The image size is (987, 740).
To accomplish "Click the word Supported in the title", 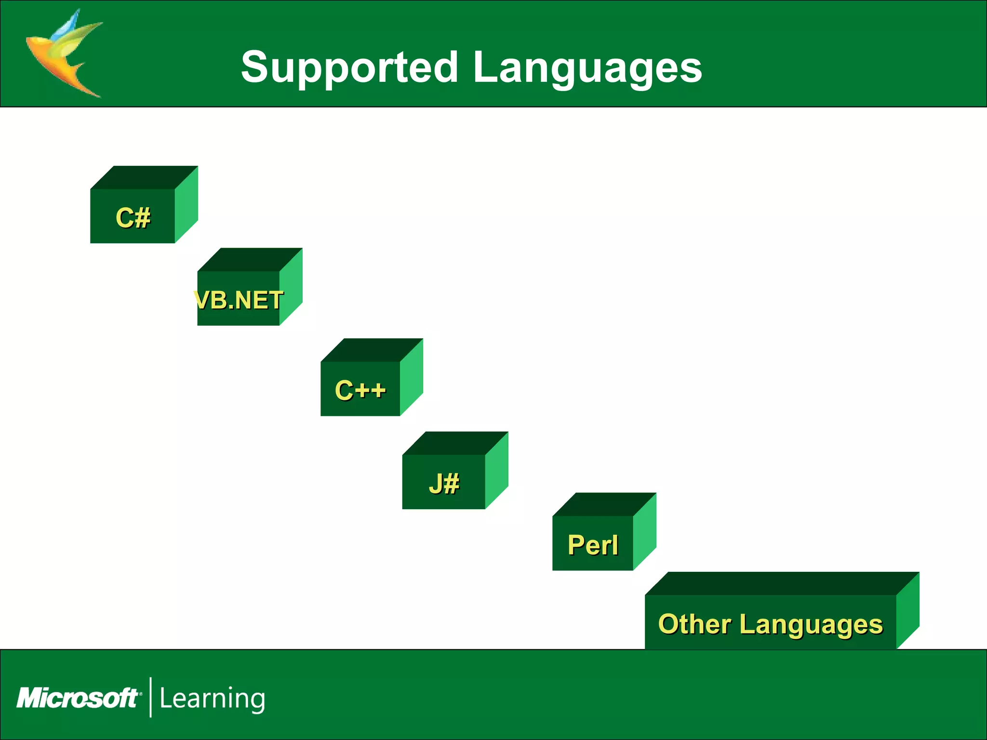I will (349, 67).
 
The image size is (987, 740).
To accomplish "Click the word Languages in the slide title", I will (587, 67).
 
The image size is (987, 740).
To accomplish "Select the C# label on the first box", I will (133, 218).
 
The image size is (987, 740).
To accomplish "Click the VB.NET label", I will (239, 300).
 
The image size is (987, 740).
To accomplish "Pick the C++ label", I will (360, 390).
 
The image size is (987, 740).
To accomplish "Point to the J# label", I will (444, 483).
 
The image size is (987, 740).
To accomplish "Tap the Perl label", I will (592, 545).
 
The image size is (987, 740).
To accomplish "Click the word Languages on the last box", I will (811, 625).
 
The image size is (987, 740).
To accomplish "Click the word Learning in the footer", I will (212, 699).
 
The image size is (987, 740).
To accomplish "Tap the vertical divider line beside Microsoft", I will (151, 697).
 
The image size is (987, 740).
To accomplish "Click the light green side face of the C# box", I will (186, 205).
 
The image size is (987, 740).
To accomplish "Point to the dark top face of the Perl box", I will (604, 504).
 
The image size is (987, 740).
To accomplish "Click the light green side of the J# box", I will (496, 470).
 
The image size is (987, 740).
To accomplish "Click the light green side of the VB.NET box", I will (291, 287).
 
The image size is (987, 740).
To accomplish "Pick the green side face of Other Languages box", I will (907, 611).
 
